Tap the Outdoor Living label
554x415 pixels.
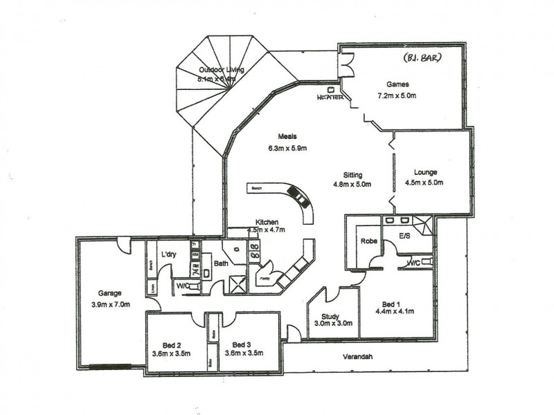[217, 70]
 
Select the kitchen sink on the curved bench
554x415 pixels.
[301, 198]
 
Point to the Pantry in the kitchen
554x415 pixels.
[265, 277]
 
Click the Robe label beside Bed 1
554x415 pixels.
[367, 241]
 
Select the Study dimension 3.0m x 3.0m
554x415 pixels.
[333, 322]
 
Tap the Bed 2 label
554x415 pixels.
[167, 344]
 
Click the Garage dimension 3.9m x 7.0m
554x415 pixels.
[110, 304]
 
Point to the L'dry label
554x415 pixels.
[169, 254]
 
